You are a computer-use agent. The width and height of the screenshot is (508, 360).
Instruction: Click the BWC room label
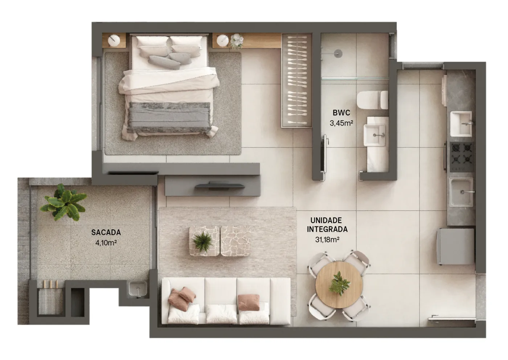(x=341, y=112)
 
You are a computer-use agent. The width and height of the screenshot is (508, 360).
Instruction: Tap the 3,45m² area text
(x=341, y=123)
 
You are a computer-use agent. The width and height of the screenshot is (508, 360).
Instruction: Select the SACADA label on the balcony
(x=106, y=232)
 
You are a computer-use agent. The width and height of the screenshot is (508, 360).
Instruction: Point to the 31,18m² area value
(x=327, y=240)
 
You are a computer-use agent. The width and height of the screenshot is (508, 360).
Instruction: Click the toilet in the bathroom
(x=372, y=100)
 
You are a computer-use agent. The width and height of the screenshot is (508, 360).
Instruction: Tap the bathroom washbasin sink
(x=374, y=135)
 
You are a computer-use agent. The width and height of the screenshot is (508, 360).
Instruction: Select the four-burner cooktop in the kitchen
(x=462, y=157)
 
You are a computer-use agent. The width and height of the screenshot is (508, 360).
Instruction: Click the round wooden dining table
(x=339, y=285)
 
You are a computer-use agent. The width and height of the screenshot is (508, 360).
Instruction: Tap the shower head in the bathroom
(x=338, y=53)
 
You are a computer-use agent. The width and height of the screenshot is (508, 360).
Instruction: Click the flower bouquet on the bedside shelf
(x=237, y=41)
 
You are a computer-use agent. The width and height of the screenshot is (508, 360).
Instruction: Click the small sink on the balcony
(x=138, y=289)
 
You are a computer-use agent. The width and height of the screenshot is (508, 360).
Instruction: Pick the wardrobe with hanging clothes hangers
(x=297, y=81)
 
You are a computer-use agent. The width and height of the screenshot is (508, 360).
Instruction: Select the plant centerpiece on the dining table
(x=339, y=284)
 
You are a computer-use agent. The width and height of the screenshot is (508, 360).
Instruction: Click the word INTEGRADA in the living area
(x=327, y=229)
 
